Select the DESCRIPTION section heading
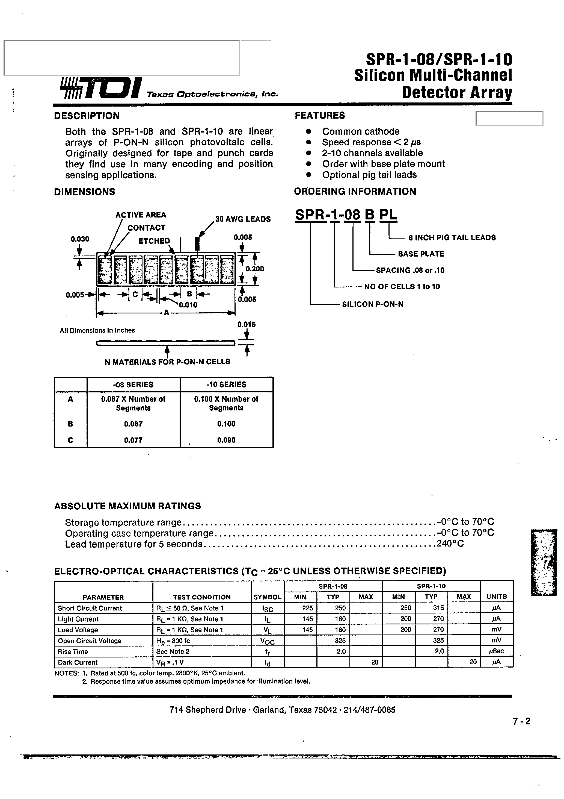pos(87,116)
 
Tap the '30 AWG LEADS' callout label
pos(243,219)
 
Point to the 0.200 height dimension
pos(255,269)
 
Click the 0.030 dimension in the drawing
pos(80,239)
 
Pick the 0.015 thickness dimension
pos(247,324)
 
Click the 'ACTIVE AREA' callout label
pos(141,215)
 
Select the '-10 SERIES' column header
pos(226,384)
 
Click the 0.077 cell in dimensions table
pos(133,440)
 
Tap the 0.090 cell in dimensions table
pos(226,440)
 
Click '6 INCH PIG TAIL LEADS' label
pos(452,238)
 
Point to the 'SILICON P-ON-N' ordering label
pos(373,304)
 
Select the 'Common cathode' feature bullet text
pos(361,131)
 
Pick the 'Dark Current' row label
pos(78,663)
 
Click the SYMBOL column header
pos(268,597)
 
